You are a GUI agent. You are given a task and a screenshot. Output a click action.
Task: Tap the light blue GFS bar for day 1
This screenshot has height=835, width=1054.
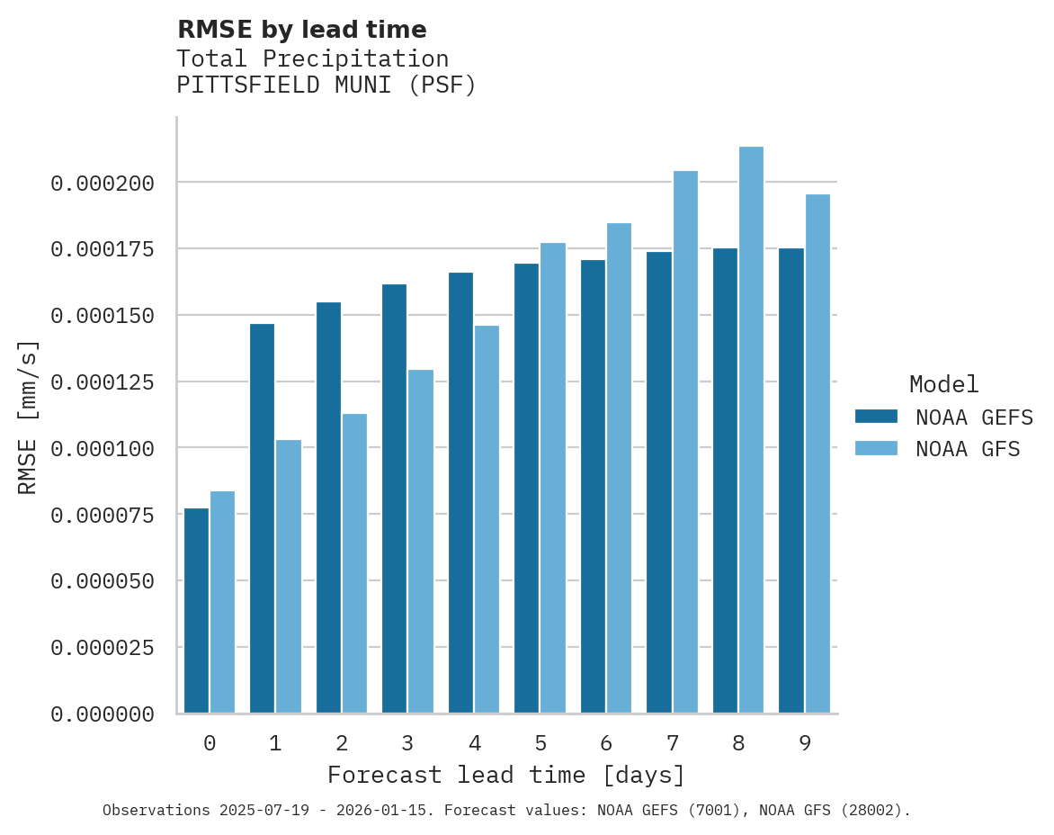289,576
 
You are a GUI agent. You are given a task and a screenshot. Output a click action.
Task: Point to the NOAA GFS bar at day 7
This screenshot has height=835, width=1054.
685,442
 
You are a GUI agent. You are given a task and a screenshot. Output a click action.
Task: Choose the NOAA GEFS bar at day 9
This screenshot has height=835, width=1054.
791,480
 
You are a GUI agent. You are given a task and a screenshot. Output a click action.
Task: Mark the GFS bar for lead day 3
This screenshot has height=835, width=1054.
421,541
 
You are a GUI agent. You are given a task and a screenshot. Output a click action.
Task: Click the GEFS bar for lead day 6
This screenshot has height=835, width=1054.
593,486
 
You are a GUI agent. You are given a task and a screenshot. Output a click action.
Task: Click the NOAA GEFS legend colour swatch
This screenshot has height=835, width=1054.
876,417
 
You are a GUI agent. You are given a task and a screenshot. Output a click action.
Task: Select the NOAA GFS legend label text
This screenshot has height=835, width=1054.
968,449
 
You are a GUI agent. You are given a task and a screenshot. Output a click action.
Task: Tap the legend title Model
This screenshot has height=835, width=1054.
943,384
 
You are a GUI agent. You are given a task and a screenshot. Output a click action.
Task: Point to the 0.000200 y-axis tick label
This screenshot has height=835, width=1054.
103,184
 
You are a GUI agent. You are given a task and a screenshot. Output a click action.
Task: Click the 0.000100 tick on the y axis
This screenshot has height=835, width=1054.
103,448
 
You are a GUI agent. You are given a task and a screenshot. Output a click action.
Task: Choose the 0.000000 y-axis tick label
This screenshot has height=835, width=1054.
103,714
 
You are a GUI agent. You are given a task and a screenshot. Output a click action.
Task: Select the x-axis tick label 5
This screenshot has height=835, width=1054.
540,743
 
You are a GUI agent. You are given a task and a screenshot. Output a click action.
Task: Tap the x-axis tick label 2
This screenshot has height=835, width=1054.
342,743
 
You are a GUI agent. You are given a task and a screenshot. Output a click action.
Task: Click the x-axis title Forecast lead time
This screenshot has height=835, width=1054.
506,775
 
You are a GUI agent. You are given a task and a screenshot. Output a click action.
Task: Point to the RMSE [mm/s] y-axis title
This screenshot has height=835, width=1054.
28,417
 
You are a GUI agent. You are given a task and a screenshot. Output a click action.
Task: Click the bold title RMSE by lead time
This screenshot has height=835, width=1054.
301,30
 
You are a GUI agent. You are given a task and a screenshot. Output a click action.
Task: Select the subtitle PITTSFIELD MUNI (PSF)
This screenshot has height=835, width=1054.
326,85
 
